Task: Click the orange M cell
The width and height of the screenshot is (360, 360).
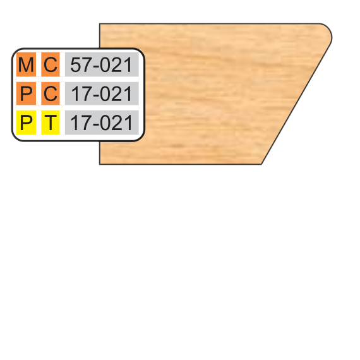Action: tap(26, 64)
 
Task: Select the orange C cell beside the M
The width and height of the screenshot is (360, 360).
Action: tap(51, 64)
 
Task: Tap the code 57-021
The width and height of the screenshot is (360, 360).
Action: tap(101, 65)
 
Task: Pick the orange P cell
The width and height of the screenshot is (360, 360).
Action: tap(26, 93)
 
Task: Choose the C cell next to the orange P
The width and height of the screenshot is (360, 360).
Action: tap(51, 93)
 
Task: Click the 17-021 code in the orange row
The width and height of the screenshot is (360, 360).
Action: tap(101, 93)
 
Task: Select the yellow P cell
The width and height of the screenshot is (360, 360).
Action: tap(26, 123)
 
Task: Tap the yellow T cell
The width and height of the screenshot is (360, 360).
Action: tap(51, 123)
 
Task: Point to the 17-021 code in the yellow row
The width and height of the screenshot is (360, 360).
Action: tap(101, 123)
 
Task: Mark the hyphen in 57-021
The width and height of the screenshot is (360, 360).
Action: tap(96, 67)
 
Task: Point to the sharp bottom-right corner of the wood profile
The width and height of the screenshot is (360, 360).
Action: tap(261, 164)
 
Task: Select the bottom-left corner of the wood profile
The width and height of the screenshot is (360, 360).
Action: tap(100, 164)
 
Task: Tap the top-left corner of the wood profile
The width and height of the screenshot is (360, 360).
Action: tap(100, 23)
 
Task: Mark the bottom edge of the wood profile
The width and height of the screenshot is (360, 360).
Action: tap(181, 164)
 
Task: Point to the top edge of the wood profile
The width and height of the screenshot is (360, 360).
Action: tap(210, 23)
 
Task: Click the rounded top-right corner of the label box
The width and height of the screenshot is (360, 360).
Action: tap(140, 52)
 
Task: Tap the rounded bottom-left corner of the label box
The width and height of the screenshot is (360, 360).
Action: tap(16, 137)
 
